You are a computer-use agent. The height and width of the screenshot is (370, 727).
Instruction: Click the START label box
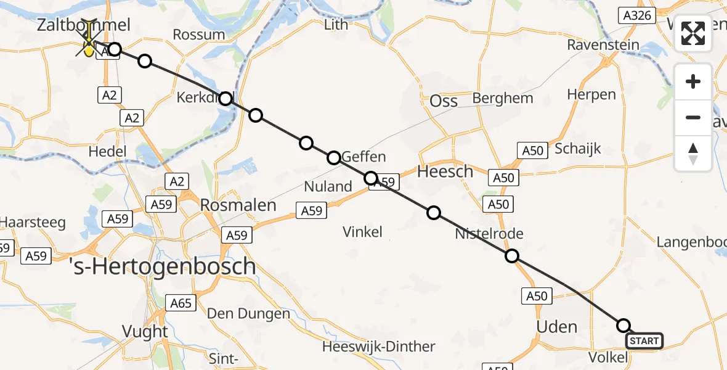tap(644, 341)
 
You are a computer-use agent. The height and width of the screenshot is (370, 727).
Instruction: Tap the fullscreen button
tap(693, 33)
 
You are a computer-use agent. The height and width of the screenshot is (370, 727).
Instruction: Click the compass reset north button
tap(693, 154)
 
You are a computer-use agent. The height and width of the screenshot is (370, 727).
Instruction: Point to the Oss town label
tap(444, 102)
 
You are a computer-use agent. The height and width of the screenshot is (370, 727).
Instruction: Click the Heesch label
tap(445, 171)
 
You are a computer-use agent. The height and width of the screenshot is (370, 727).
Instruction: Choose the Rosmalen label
tap(238, 205)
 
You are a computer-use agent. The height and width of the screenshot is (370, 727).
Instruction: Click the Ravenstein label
tap(603, 45)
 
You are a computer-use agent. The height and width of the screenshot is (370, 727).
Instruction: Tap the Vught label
tap(145, 331)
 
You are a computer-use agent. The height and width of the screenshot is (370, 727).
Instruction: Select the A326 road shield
tap(637, 15)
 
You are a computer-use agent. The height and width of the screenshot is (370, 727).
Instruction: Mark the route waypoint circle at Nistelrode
tap(511, 257)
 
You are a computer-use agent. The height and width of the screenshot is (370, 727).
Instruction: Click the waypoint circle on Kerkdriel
tap(226, 99)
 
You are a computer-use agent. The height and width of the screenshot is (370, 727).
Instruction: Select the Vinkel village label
tap(363, 232)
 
